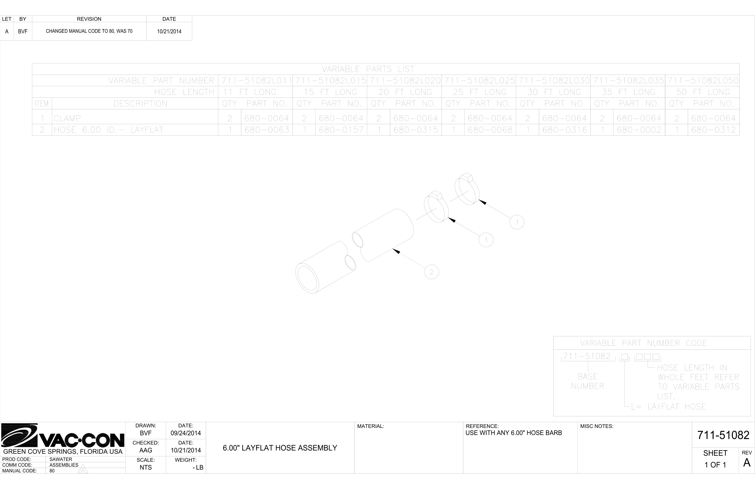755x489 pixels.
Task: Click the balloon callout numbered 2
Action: click(431, 272)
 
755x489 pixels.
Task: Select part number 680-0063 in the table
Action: click(267, 130)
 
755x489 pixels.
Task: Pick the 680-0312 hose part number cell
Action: click(714, 130)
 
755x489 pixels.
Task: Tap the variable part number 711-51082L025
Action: click(479, 81)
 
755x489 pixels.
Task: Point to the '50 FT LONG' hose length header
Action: click(703, 92)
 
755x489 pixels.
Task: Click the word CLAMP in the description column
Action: click(67, 119)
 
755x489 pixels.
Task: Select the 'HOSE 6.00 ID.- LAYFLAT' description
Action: click(108, 130)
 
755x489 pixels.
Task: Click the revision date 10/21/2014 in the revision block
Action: click(169, 31)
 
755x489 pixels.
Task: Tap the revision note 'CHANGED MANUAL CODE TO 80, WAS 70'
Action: click(89, 31)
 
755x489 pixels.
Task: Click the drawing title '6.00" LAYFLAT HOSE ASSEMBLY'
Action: click(280, 448)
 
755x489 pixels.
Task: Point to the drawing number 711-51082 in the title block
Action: click(723, 435)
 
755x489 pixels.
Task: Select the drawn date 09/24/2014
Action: click(186, 433)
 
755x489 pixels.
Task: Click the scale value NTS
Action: click(146, 467)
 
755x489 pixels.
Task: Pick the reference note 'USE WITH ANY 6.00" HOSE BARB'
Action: click(514, 433)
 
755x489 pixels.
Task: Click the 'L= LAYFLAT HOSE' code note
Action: click(669, 407)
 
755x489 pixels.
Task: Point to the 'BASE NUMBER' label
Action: click(587, 381)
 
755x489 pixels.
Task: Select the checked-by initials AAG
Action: click(146, 450)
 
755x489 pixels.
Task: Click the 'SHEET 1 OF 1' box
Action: click(715, 459)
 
